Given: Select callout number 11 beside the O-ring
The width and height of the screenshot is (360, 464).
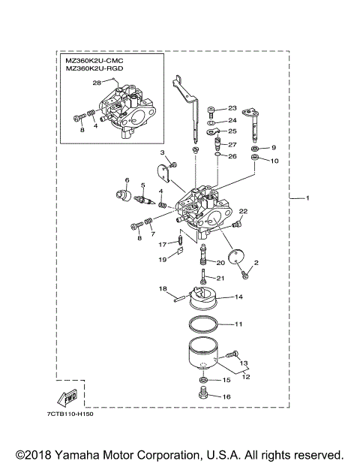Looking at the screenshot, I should [x=238, y=325].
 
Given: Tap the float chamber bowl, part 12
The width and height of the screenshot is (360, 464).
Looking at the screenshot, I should [x=202, y=357].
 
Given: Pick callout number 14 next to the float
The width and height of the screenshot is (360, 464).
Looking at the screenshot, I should [x=238, y=297].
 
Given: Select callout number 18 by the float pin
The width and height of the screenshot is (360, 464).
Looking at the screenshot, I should [x=162, y=288].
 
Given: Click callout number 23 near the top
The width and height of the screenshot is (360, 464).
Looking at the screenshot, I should [x=232, y=108].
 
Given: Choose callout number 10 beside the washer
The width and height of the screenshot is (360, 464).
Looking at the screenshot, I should [x=274, y=161].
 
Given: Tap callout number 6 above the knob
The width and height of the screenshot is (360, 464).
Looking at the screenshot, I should [x=127, y=180].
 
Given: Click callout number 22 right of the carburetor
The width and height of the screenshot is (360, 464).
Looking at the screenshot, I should [x=243, y=212].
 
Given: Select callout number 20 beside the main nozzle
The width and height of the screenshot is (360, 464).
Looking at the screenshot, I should [x=220, y=263].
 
